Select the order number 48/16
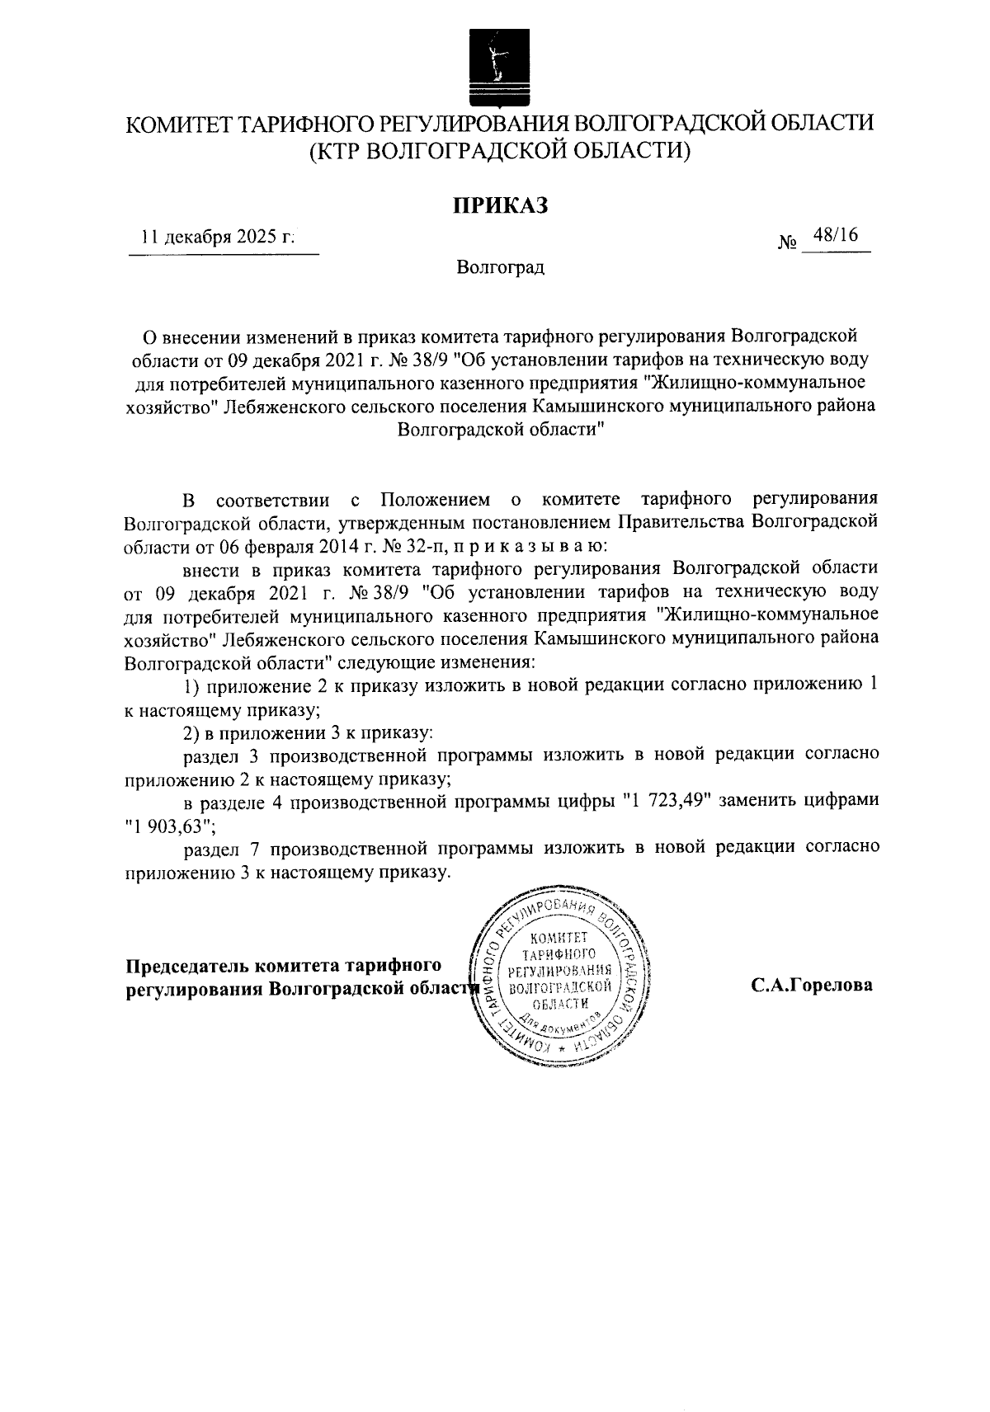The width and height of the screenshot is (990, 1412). click(835, 236)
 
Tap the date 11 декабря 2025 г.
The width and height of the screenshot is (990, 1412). click(218, 238)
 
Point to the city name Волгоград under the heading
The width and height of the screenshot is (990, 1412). click(500, 268)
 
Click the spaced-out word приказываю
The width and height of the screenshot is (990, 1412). click(530, 546)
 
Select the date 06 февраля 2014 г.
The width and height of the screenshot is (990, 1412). click(279, 546)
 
